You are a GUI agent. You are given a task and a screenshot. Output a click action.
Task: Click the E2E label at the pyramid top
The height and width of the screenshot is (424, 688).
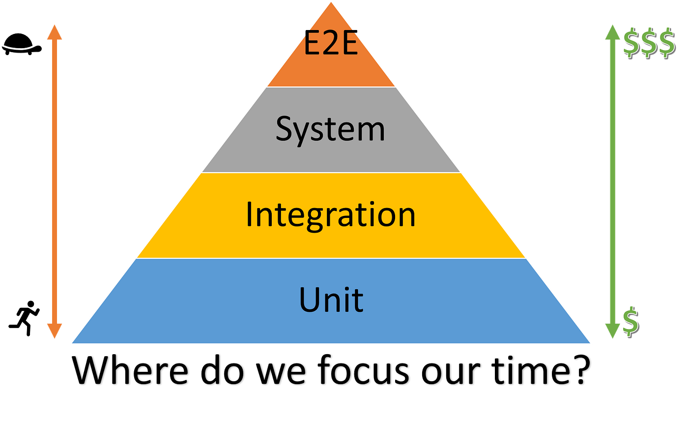coord(330,45)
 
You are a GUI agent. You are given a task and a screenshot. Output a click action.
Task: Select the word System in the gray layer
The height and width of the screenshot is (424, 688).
coord(330,129)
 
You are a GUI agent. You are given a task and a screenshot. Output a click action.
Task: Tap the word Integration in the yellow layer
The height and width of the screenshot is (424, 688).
coord(330,215)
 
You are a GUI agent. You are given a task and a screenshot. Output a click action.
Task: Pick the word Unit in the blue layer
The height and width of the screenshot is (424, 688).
coord(331,300)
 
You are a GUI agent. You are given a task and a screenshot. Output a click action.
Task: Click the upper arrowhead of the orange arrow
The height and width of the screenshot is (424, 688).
coord(54,32)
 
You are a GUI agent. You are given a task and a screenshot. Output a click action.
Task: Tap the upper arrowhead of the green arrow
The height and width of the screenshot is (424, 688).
coord(612,32)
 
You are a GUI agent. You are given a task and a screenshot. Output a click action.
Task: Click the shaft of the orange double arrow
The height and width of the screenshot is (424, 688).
coord(54,182)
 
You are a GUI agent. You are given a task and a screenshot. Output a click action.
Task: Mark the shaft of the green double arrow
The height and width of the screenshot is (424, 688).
coord(612,182)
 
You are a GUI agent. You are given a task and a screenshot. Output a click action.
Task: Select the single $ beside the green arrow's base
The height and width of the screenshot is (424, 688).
coord(630,321)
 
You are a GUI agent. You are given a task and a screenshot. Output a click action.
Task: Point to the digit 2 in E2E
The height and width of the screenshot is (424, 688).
coord(330,45)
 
